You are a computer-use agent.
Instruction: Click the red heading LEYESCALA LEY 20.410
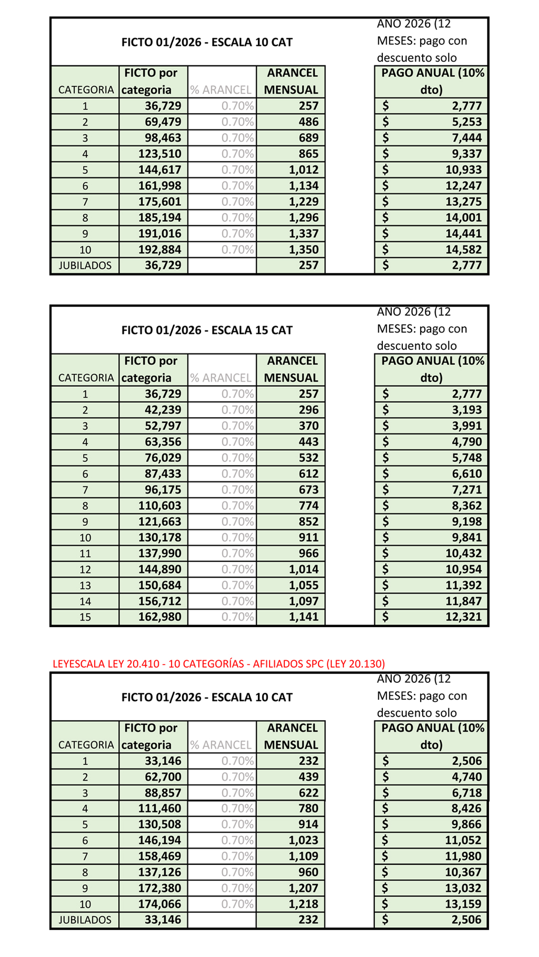(x=219, y=663)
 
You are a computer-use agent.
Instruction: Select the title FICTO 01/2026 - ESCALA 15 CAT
(x=207, y=330)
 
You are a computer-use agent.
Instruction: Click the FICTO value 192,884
(x=160, y=249)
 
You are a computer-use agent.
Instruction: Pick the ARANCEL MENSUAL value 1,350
(x=303, y=249)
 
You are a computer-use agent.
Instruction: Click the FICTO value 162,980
(x=160, y=617)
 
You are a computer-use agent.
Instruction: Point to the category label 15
(x=85, y=617)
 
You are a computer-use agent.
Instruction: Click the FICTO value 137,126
(x=160, y=872)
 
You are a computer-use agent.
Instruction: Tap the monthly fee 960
(x=308, y=872)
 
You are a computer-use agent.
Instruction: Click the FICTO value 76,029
(x=163, y=458)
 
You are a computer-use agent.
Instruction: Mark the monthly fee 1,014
(x=303, y=569)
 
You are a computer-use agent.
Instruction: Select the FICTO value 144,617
(x=160, y=169)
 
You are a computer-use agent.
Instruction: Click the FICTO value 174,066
(x=160, y=904)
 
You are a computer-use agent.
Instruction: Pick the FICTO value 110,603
(x=160, y=505)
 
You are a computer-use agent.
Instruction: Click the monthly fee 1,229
(x=303, y=201)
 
